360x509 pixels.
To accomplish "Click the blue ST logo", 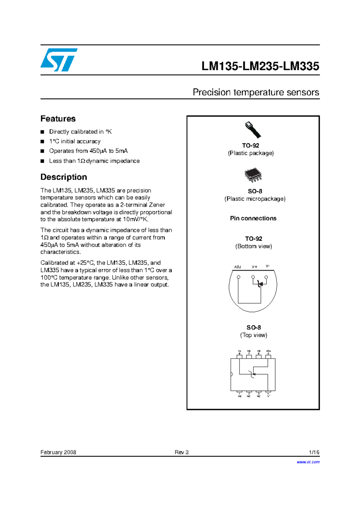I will click(59, 60).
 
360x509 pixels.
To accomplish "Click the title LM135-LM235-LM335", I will click(260, 66).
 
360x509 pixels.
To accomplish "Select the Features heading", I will click(58, 119).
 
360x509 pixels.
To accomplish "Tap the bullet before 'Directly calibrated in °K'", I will click(42, 132).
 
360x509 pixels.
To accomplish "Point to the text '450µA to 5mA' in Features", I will click(109, 151).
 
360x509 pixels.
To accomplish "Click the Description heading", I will click(64, 177).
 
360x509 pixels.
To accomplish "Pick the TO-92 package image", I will click(253, 129).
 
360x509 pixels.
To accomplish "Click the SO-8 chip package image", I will click(253, 175).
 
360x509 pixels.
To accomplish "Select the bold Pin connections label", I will click(253, 218).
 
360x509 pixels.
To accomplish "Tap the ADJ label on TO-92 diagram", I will click(237, 267).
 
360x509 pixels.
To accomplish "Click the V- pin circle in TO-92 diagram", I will click(266, 277).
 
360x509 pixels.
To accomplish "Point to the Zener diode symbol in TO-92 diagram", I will click(260, 284).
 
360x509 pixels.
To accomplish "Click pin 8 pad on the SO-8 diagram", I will click(239, 357).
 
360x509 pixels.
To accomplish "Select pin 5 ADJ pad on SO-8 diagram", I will click(268, 357).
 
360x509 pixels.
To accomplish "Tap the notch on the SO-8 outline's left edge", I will click(231, 374).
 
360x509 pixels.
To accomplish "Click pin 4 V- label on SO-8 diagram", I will click(268, 396).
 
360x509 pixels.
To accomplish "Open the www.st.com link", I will click(308, 462).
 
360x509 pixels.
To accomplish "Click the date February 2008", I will click(58, 452).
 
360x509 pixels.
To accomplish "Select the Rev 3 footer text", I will click(181, 452).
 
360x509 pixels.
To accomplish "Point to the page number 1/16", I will click(314, 452).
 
